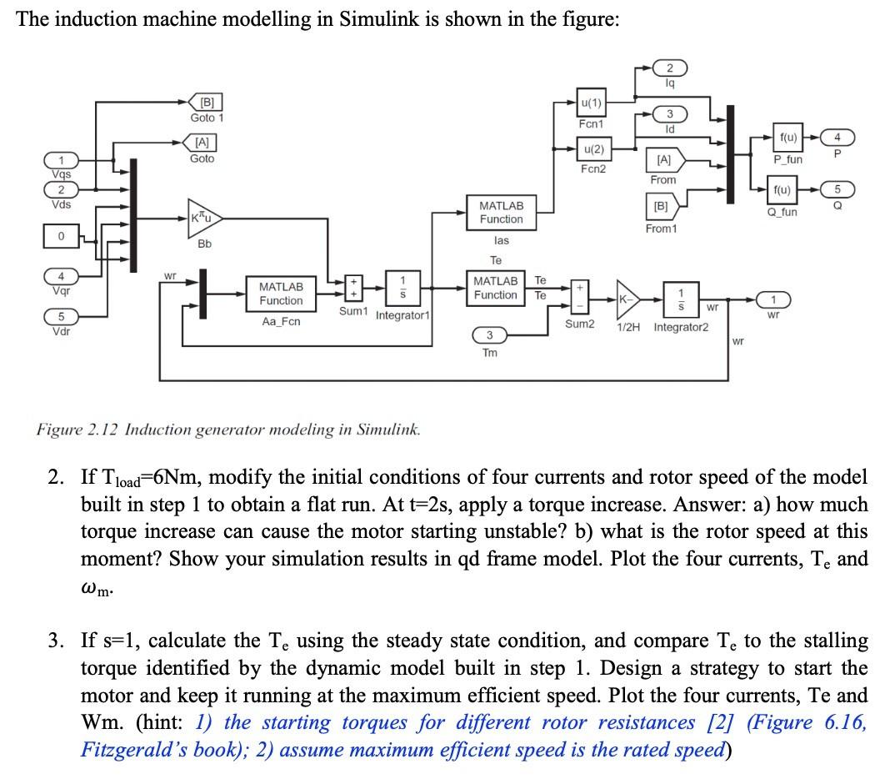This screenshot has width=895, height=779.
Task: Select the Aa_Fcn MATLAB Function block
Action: pyautogui.click(x=281, y=293)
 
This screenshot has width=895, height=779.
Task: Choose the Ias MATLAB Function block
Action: pyautogui.click(x=501, y=212)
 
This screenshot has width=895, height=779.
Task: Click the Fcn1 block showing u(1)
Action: pyautogui.click(x=590, y=103)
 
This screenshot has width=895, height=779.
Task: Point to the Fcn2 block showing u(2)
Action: pyautogui.click(x=590, y=149)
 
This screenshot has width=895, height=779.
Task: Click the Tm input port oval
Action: pyautogui.click(x=490, y=335)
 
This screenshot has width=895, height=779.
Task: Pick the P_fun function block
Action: pyautogui.click(x=787, y=136)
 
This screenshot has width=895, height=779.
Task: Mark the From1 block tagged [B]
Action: pyautogui.click(x=664, y=203)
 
